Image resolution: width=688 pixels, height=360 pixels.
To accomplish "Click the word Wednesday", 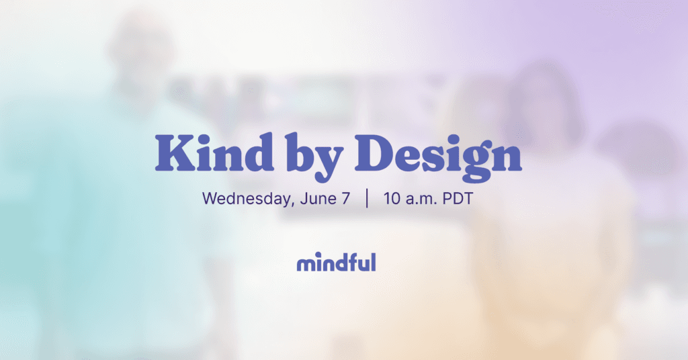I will (241, 199).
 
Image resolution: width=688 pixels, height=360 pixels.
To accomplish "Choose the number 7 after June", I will (345, 199).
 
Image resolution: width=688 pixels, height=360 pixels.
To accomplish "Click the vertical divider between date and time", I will (367, 199).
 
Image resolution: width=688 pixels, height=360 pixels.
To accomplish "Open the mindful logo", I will (336, 262).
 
